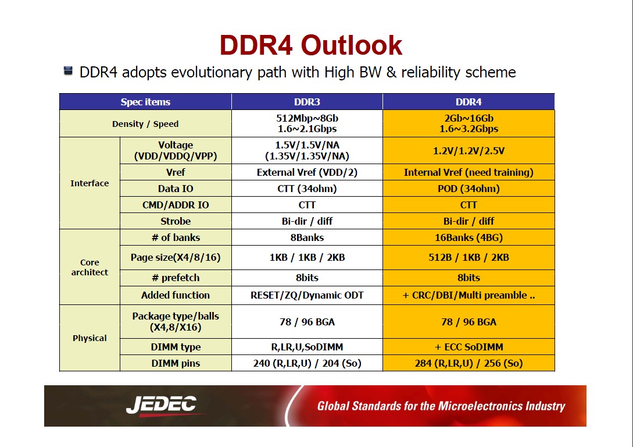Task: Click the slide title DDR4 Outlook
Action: (311, 45)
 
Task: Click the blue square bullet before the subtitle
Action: (68, 71)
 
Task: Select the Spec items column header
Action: (145, 102)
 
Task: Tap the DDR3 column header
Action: (307, 102)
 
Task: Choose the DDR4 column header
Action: (469, 102)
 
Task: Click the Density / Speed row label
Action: (145, 123)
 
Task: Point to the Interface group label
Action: (90, 183)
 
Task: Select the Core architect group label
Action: (90, 267)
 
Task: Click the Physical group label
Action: (90, 338)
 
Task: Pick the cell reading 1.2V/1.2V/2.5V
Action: (469, 151)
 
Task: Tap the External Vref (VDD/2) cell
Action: (307, 172)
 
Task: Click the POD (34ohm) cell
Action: (469, 189)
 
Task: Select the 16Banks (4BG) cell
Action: (469, 237)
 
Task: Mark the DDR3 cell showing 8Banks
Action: (307, 237)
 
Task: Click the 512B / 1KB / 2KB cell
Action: (469, 257)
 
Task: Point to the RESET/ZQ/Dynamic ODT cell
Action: (307, 295)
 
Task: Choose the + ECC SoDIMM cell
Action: (469, 347)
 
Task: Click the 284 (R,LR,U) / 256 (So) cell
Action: (469, 363)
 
